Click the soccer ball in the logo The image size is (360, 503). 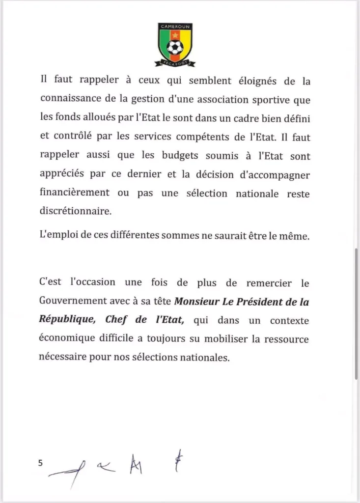coord(175,48)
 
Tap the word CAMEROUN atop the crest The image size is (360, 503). coord(175,27)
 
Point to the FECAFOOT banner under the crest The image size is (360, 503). coord(175,63)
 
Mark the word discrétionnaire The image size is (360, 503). coord(74,212)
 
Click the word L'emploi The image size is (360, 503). coord(56,236)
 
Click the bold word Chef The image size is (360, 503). coord(116,320)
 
